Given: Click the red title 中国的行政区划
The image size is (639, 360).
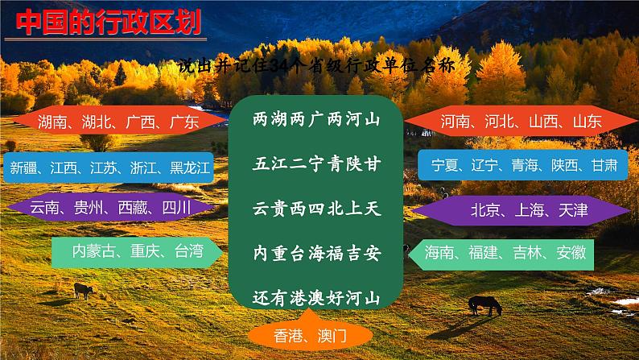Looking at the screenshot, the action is [x=109, y=22].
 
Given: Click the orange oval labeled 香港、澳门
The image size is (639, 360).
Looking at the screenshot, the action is [x=310, y=336].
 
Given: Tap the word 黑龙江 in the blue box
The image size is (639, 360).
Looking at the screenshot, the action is [x=189, y=168].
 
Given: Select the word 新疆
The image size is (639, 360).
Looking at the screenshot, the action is [x=23, y=168].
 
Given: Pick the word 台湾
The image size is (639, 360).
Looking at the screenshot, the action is [x=189, y=251].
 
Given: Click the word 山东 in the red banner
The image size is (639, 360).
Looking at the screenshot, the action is [x=587, y=121].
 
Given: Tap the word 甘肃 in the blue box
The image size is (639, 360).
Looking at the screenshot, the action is [x=604, y=166].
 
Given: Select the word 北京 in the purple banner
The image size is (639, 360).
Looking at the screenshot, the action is [x=485, y=210].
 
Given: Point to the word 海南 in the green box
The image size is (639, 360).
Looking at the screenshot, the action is [x=439, y=253].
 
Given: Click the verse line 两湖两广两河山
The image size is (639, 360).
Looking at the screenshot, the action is [x=316, y=119].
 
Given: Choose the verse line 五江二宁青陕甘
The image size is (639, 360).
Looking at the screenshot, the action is [x=316, y=164].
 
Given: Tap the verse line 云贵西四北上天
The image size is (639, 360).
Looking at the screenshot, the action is [x=316, y=209].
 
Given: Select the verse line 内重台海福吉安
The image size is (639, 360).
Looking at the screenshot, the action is [x=316, y=253].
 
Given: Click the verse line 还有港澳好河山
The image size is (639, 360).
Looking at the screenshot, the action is [x=316, y=298].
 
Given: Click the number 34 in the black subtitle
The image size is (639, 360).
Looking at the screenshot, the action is [x=279, y=66].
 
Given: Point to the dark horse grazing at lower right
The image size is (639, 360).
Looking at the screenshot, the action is [x=485, y=305].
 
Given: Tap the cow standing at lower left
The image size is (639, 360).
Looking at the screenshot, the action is [x=84, y=291].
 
